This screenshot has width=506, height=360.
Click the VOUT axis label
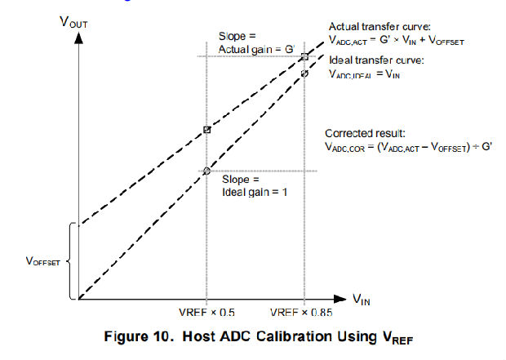coord(73,21)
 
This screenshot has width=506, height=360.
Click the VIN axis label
coord(362,300)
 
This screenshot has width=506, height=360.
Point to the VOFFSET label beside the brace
coord(42,262)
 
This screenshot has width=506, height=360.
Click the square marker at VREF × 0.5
coord(206,130)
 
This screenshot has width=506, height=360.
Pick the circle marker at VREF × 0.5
coord(206,171)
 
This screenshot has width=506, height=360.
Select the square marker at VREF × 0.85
coord(304,56)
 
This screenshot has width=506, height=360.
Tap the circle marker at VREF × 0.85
coord(304,73)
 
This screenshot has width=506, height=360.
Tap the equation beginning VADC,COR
coord(405,146)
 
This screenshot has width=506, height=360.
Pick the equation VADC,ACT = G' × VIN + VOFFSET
coord(393,40)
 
